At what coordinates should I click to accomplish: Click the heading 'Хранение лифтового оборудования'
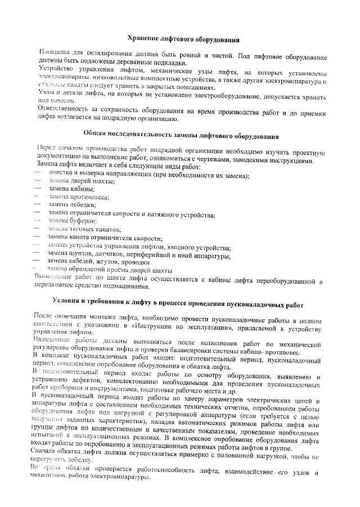pyautogui.click(x=181, y=40)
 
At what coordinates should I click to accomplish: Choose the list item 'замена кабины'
pyautogui.click(x=65, y=190)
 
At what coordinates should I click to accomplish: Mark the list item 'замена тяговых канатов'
pyautogui.click(x=76, y=230)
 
